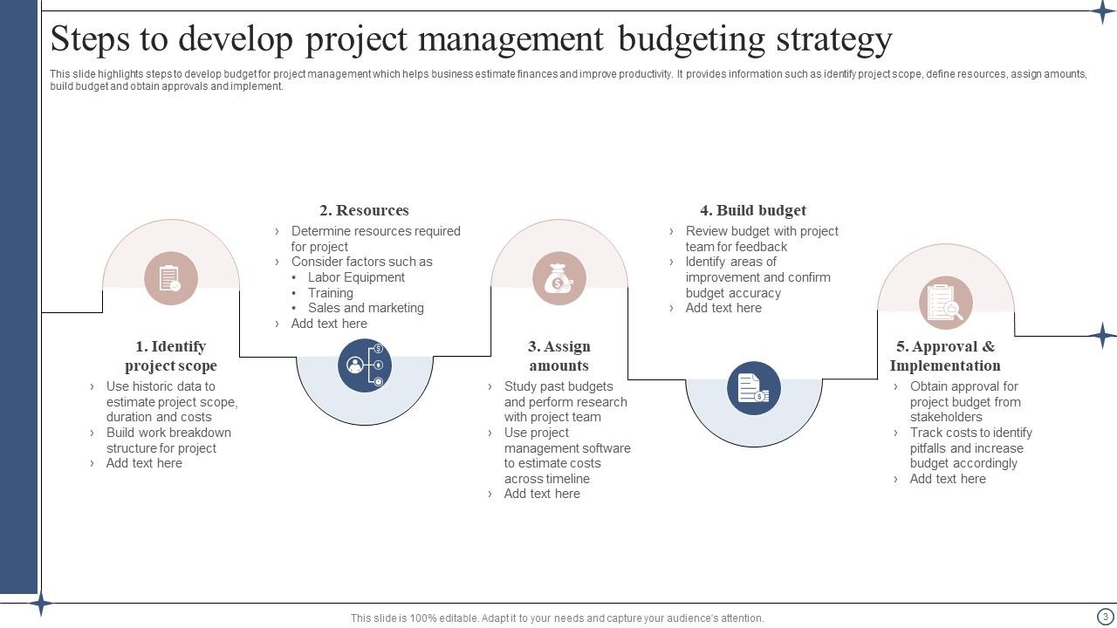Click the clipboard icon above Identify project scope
point(171,278)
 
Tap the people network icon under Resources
point(364,365)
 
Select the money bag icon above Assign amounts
point(558,278)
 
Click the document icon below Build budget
point(753,387)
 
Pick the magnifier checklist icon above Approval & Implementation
point(945,303)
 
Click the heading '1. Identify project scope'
point(171,356)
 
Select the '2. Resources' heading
point(364,210)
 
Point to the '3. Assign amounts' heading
point(558,356)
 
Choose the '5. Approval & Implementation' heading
point(945,356)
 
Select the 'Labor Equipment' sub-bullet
point(356,277)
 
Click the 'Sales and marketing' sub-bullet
point(366,308)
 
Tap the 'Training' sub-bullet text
point(330,293)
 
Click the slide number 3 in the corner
point(1105,617)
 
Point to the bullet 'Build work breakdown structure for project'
point(168,440)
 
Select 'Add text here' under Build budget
point(723,308)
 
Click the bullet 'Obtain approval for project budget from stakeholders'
point(964,401)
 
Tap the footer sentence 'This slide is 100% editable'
point(557,618)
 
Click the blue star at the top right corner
point(1103,11)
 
